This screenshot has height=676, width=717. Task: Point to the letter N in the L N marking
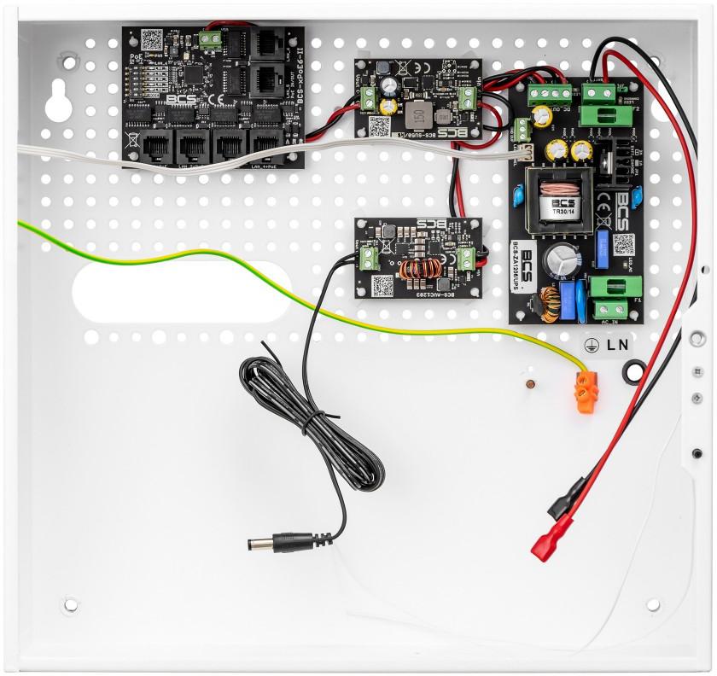tap(624, 345)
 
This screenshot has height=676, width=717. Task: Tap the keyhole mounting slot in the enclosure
tap(59, 101)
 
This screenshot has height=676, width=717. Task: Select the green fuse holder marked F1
tap(615, 285)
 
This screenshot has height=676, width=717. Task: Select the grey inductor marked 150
tap(418, 114)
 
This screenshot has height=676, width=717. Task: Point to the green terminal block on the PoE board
tap(207, 38)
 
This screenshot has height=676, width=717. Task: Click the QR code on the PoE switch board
tap(151, 39)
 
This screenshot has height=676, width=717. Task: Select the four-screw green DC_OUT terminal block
tap(549, 90)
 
